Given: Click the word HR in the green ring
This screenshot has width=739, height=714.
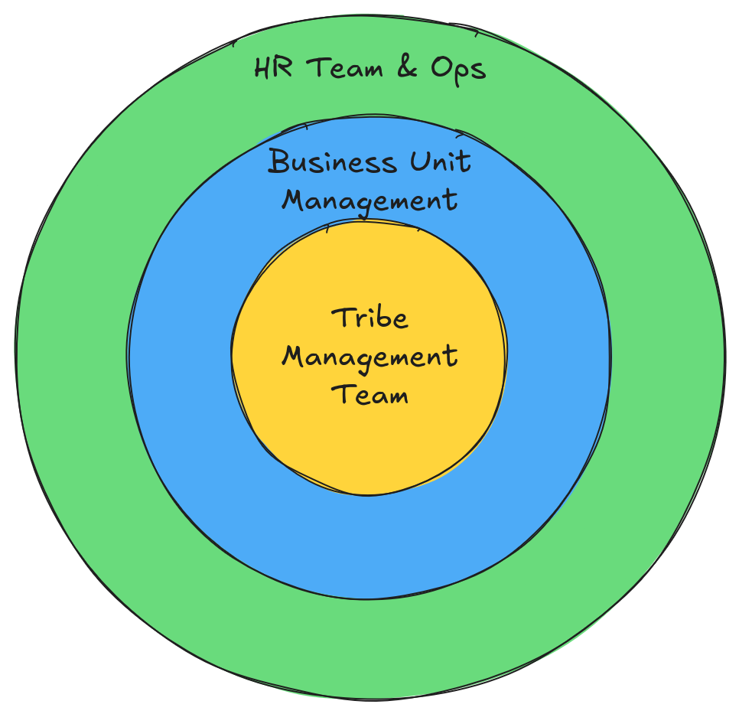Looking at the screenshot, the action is click(273, 67).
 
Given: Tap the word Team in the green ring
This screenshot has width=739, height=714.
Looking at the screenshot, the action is click(345, 67).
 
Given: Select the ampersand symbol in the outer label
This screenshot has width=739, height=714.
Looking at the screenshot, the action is click(407, 67).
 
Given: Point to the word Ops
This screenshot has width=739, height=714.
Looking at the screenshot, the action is click(458, 70).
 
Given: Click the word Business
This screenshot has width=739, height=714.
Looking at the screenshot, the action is click(332, 161).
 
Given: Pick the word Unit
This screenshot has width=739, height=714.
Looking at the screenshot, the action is click(440, 161).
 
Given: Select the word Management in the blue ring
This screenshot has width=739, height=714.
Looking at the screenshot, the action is click(369, 202).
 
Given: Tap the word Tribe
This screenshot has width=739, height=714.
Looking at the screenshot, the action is click(369, 318).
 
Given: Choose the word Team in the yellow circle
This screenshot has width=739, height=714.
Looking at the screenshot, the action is click(369, 395).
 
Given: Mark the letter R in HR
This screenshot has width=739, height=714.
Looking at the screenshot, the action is click(283, 68).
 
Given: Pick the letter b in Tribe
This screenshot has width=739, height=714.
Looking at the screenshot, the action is click(383, 318).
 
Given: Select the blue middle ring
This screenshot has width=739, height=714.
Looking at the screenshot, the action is click(369, 547).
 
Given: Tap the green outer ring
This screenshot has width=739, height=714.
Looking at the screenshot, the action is click(369, 650).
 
